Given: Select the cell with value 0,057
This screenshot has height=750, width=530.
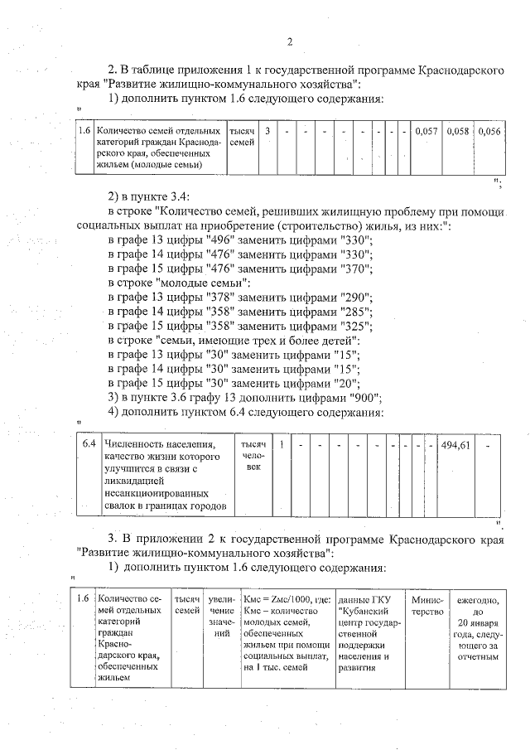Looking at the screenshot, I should click(426, 132).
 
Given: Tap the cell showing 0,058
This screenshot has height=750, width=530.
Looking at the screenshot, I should click(458, 132).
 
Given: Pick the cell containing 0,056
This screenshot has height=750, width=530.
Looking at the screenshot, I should click(489, 132).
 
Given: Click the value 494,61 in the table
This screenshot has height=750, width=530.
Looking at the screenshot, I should click(455, 445).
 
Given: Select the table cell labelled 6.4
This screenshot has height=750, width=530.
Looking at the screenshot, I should click(89, 446).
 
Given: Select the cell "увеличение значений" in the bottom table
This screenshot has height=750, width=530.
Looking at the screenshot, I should click(221, 617).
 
